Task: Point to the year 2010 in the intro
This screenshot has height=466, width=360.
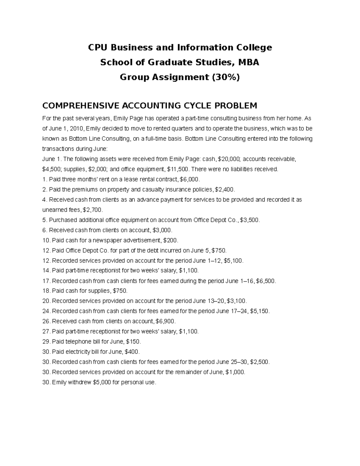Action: (76, 128)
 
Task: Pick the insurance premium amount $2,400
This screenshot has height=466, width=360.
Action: (225, 189)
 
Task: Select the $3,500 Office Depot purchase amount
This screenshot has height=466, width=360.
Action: (250, 220)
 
